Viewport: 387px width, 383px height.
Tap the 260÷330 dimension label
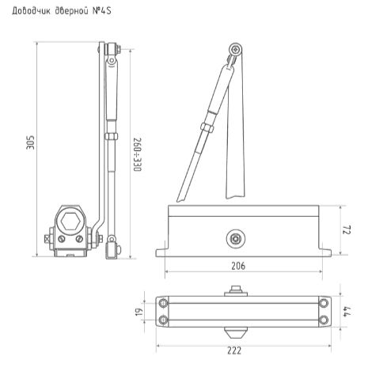(136, 154)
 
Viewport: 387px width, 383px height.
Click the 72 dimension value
(346, 229)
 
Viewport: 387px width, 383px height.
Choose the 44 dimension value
(346, 312)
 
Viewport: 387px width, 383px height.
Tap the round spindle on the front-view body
(235, 235)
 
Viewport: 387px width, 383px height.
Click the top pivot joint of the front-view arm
(234, 51)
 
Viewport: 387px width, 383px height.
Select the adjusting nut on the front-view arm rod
(207, 127)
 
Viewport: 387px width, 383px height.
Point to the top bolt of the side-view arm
(110, 54)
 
